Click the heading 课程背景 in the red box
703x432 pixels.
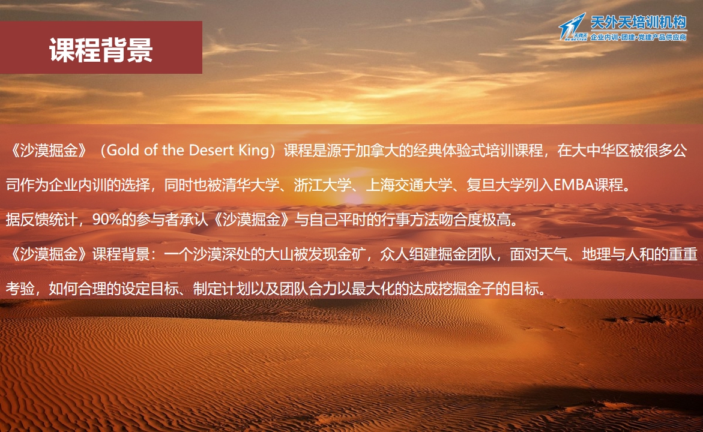pos(101,49)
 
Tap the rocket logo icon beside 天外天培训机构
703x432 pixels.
pos(573,27)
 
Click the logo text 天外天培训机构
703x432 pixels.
pos(638,22)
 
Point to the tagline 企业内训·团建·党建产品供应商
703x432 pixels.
pos(638,37)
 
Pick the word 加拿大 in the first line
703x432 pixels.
pos(377,150)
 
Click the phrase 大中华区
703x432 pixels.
pos(600,150)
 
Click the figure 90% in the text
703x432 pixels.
pos(107,220)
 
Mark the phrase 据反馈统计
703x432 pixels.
pos(41,220)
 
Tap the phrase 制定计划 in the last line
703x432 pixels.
pos(222,289)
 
